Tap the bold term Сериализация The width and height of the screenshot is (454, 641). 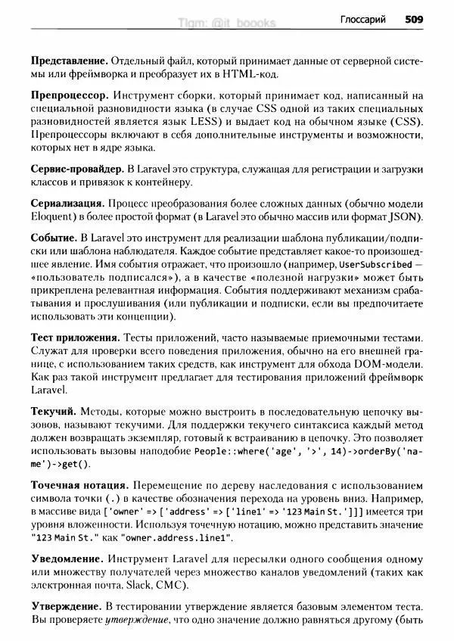point(67,204)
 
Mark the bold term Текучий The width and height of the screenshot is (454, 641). point(53,411)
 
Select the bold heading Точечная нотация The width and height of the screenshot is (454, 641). point(79,484)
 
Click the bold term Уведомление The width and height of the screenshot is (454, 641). point(67,558)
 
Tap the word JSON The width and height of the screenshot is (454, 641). point(406,218)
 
